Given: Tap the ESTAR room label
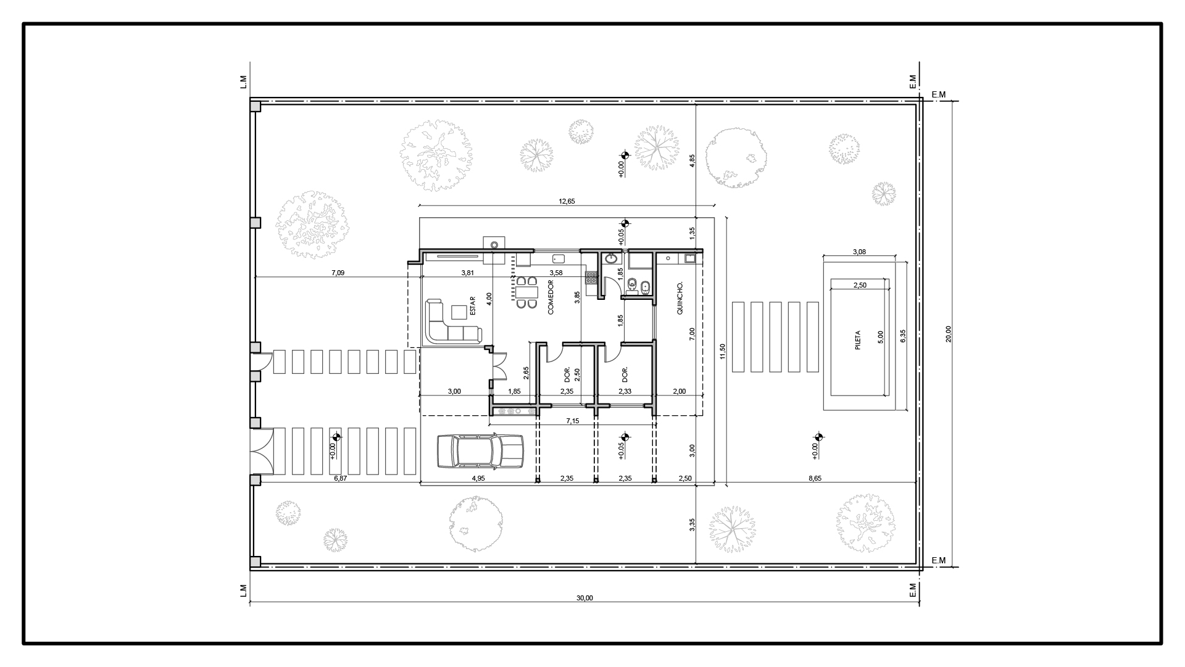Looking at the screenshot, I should [473, 306].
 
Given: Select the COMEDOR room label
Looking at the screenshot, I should [551, 298].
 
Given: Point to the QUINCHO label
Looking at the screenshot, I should [680, 299].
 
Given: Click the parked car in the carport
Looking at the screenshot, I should [480, 451].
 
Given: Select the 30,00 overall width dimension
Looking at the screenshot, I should [584, 598].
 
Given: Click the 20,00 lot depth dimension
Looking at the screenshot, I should [949, 333].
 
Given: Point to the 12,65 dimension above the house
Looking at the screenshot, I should [567, 201].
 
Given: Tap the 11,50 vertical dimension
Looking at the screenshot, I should [722, 350].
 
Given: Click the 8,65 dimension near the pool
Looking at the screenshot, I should [815, 478].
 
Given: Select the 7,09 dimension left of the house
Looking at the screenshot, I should [338, 273].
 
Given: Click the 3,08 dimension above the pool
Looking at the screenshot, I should [859, 252].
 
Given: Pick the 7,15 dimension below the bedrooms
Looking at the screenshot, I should [572, 421].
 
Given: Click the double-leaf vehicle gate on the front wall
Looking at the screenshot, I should [262, 451].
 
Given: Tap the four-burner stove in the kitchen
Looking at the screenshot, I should [591, 278].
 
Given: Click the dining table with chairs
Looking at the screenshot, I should [526, 293].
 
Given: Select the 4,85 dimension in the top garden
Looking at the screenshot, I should [692, 160].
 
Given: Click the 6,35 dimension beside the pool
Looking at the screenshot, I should [903, 336].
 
